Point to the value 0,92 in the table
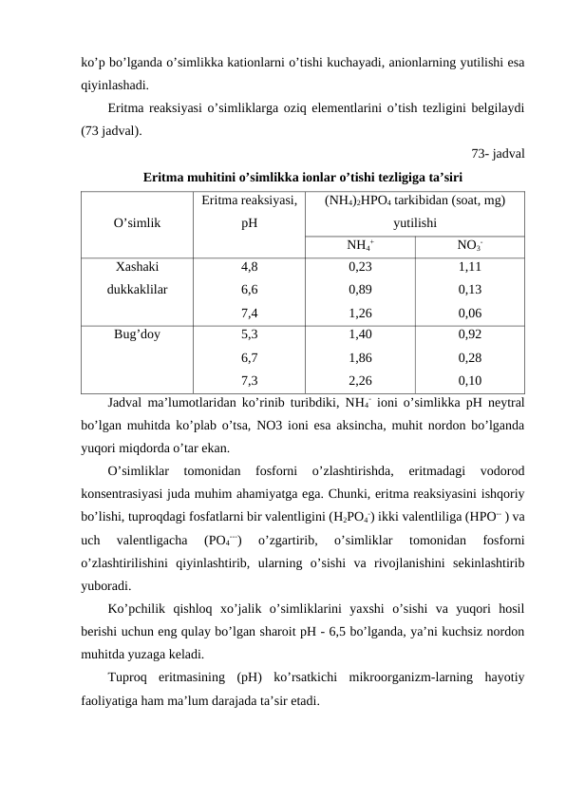point(468,335)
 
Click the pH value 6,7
point(251,358)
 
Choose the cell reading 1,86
point(360,358)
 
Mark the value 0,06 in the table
point(468,312)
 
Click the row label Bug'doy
point(138,335)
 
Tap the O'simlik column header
point(137,224)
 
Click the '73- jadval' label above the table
point(500,154)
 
